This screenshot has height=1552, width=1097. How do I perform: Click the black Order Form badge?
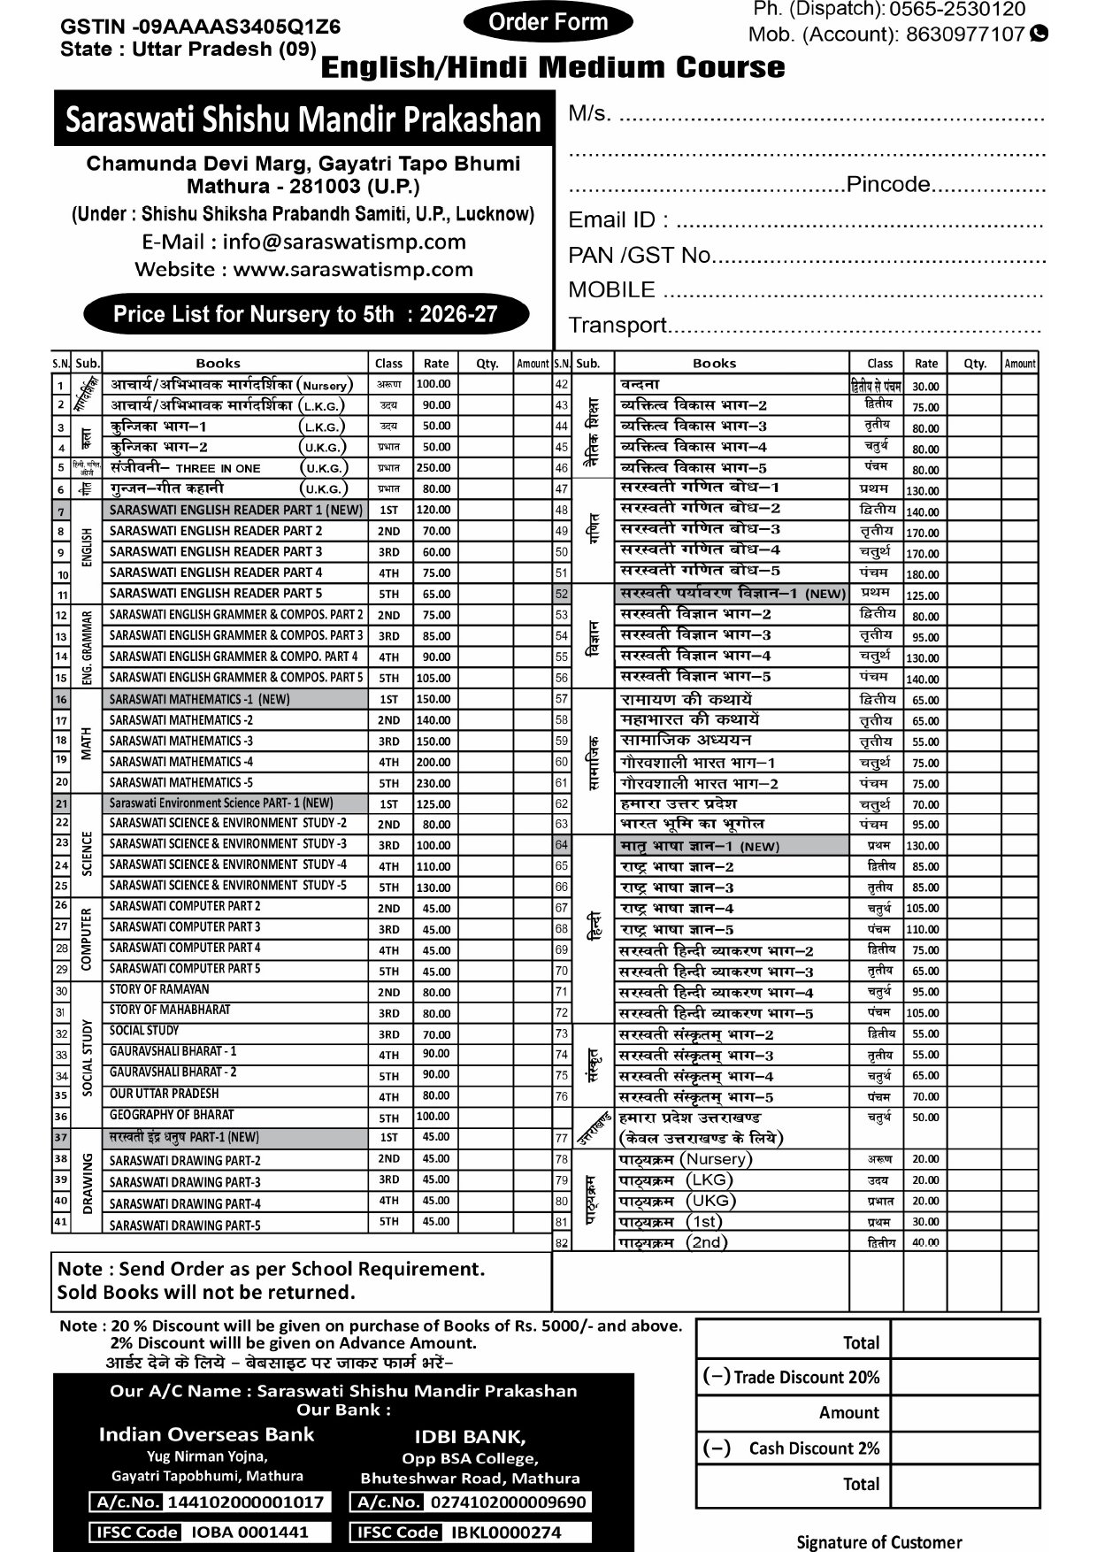click(x=548, y=22)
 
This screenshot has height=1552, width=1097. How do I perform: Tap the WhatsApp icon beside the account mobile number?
click(x=1039, y=34)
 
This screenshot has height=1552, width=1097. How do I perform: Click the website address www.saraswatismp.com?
click(x=353, y=269)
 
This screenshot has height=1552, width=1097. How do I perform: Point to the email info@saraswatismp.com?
click(x=344, y=242)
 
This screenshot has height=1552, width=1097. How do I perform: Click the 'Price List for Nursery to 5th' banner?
click(x=305, y=314)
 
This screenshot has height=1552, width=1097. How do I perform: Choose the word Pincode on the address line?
click(x=888, y=185)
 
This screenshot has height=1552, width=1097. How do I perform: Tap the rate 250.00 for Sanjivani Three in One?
click(x=433, y=468)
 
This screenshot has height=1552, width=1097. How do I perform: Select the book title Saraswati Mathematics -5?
click(x=181, y=782)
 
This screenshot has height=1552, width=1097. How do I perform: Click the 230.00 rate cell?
click(x=433, y=783)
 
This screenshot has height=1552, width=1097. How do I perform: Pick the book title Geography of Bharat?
click(x=172, y=1115)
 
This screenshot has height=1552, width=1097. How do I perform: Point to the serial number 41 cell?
click(x=61, y=1222)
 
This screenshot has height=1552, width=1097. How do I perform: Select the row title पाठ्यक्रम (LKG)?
click(x=676, y=1179)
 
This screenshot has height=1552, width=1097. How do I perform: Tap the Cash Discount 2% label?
click(x=814, y=1448)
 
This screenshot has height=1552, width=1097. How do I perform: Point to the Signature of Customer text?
click(x=878, y=1542)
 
